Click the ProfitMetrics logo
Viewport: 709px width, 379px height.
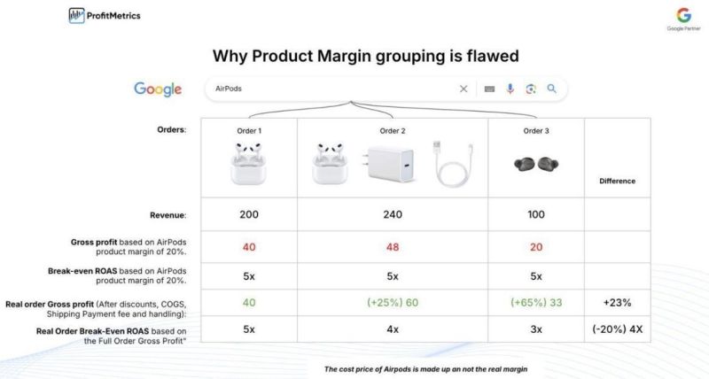(104, 15)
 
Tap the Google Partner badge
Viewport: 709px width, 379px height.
(683, 19)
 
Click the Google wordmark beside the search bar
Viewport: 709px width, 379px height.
(158, 89)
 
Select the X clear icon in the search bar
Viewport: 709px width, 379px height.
(463, 89)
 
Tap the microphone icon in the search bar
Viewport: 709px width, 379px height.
(510, 89)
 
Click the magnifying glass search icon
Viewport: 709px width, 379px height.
(551, 89)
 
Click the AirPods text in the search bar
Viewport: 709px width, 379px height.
(229, 89)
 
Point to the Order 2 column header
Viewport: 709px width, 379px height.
(393, 130)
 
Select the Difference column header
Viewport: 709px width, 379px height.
(618, 181)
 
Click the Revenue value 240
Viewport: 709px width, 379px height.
(393, 214)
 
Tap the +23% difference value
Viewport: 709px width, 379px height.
(618, 302)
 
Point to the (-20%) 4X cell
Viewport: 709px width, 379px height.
(618, 329)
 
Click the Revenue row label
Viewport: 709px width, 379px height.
(168, 214)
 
